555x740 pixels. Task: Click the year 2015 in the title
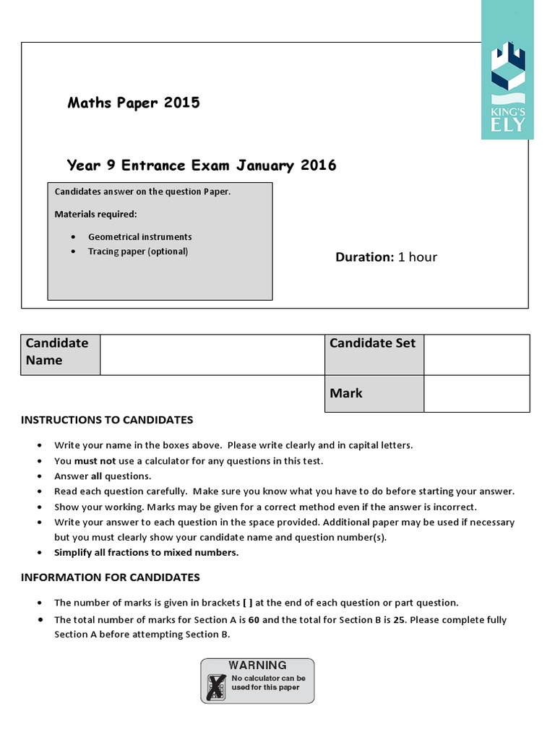click(181, 103)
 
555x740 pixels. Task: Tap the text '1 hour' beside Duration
click(418, 257)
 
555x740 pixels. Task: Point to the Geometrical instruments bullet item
click(139, 237)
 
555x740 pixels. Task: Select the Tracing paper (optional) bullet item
click(137, 251)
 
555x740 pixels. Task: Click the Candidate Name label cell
click(61, 354)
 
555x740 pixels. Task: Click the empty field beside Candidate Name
click(212, 354)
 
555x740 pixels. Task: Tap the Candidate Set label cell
click(374, 343)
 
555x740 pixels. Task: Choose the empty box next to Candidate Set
click(476, 354)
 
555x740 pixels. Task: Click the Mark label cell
click(374, 393)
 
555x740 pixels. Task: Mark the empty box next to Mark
click(476, 393)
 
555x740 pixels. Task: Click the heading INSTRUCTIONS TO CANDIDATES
click(107, 420)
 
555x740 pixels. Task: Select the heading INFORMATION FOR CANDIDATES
click(110, 577)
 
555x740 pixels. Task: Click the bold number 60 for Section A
click(254, 620)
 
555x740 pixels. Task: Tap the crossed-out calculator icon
click(216, 686)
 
